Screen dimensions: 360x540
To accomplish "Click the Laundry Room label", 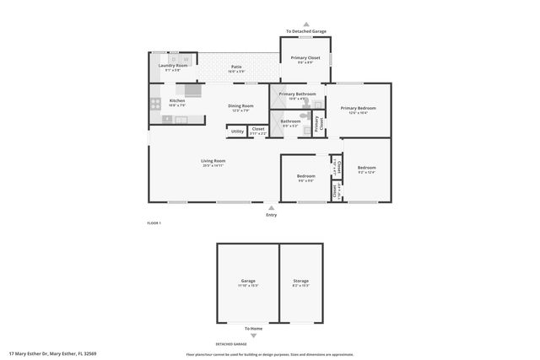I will click(x=170, y=65).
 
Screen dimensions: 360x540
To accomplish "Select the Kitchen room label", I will click(x=177, y=100).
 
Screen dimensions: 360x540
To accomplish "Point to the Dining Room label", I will click(x=240, y=106).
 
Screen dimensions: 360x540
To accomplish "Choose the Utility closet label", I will click(x=237, y=131).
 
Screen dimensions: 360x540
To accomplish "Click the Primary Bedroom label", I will click(x=358, y=108).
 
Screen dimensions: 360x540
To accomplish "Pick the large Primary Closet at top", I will click(x=305, y=57).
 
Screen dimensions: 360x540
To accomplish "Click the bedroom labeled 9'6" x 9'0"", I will click(x=305, y=176).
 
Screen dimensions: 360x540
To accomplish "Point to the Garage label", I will click(x=248, y=281).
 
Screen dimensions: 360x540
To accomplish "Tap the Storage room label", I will click(x=300, y=281).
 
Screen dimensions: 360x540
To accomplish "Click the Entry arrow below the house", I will click(x=271, y=207).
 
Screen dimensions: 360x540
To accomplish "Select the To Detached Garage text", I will click(x=305, y=31).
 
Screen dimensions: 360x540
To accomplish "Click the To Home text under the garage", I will click(x=253, y=329).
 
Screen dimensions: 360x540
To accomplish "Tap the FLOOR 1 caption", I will click(x=154, y=223).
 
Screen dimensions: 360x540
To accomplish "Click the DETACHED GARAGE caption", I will click(x=230, y=344).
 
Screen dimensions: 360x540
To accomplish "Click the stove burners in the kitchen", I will click(x=156, y=105).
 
